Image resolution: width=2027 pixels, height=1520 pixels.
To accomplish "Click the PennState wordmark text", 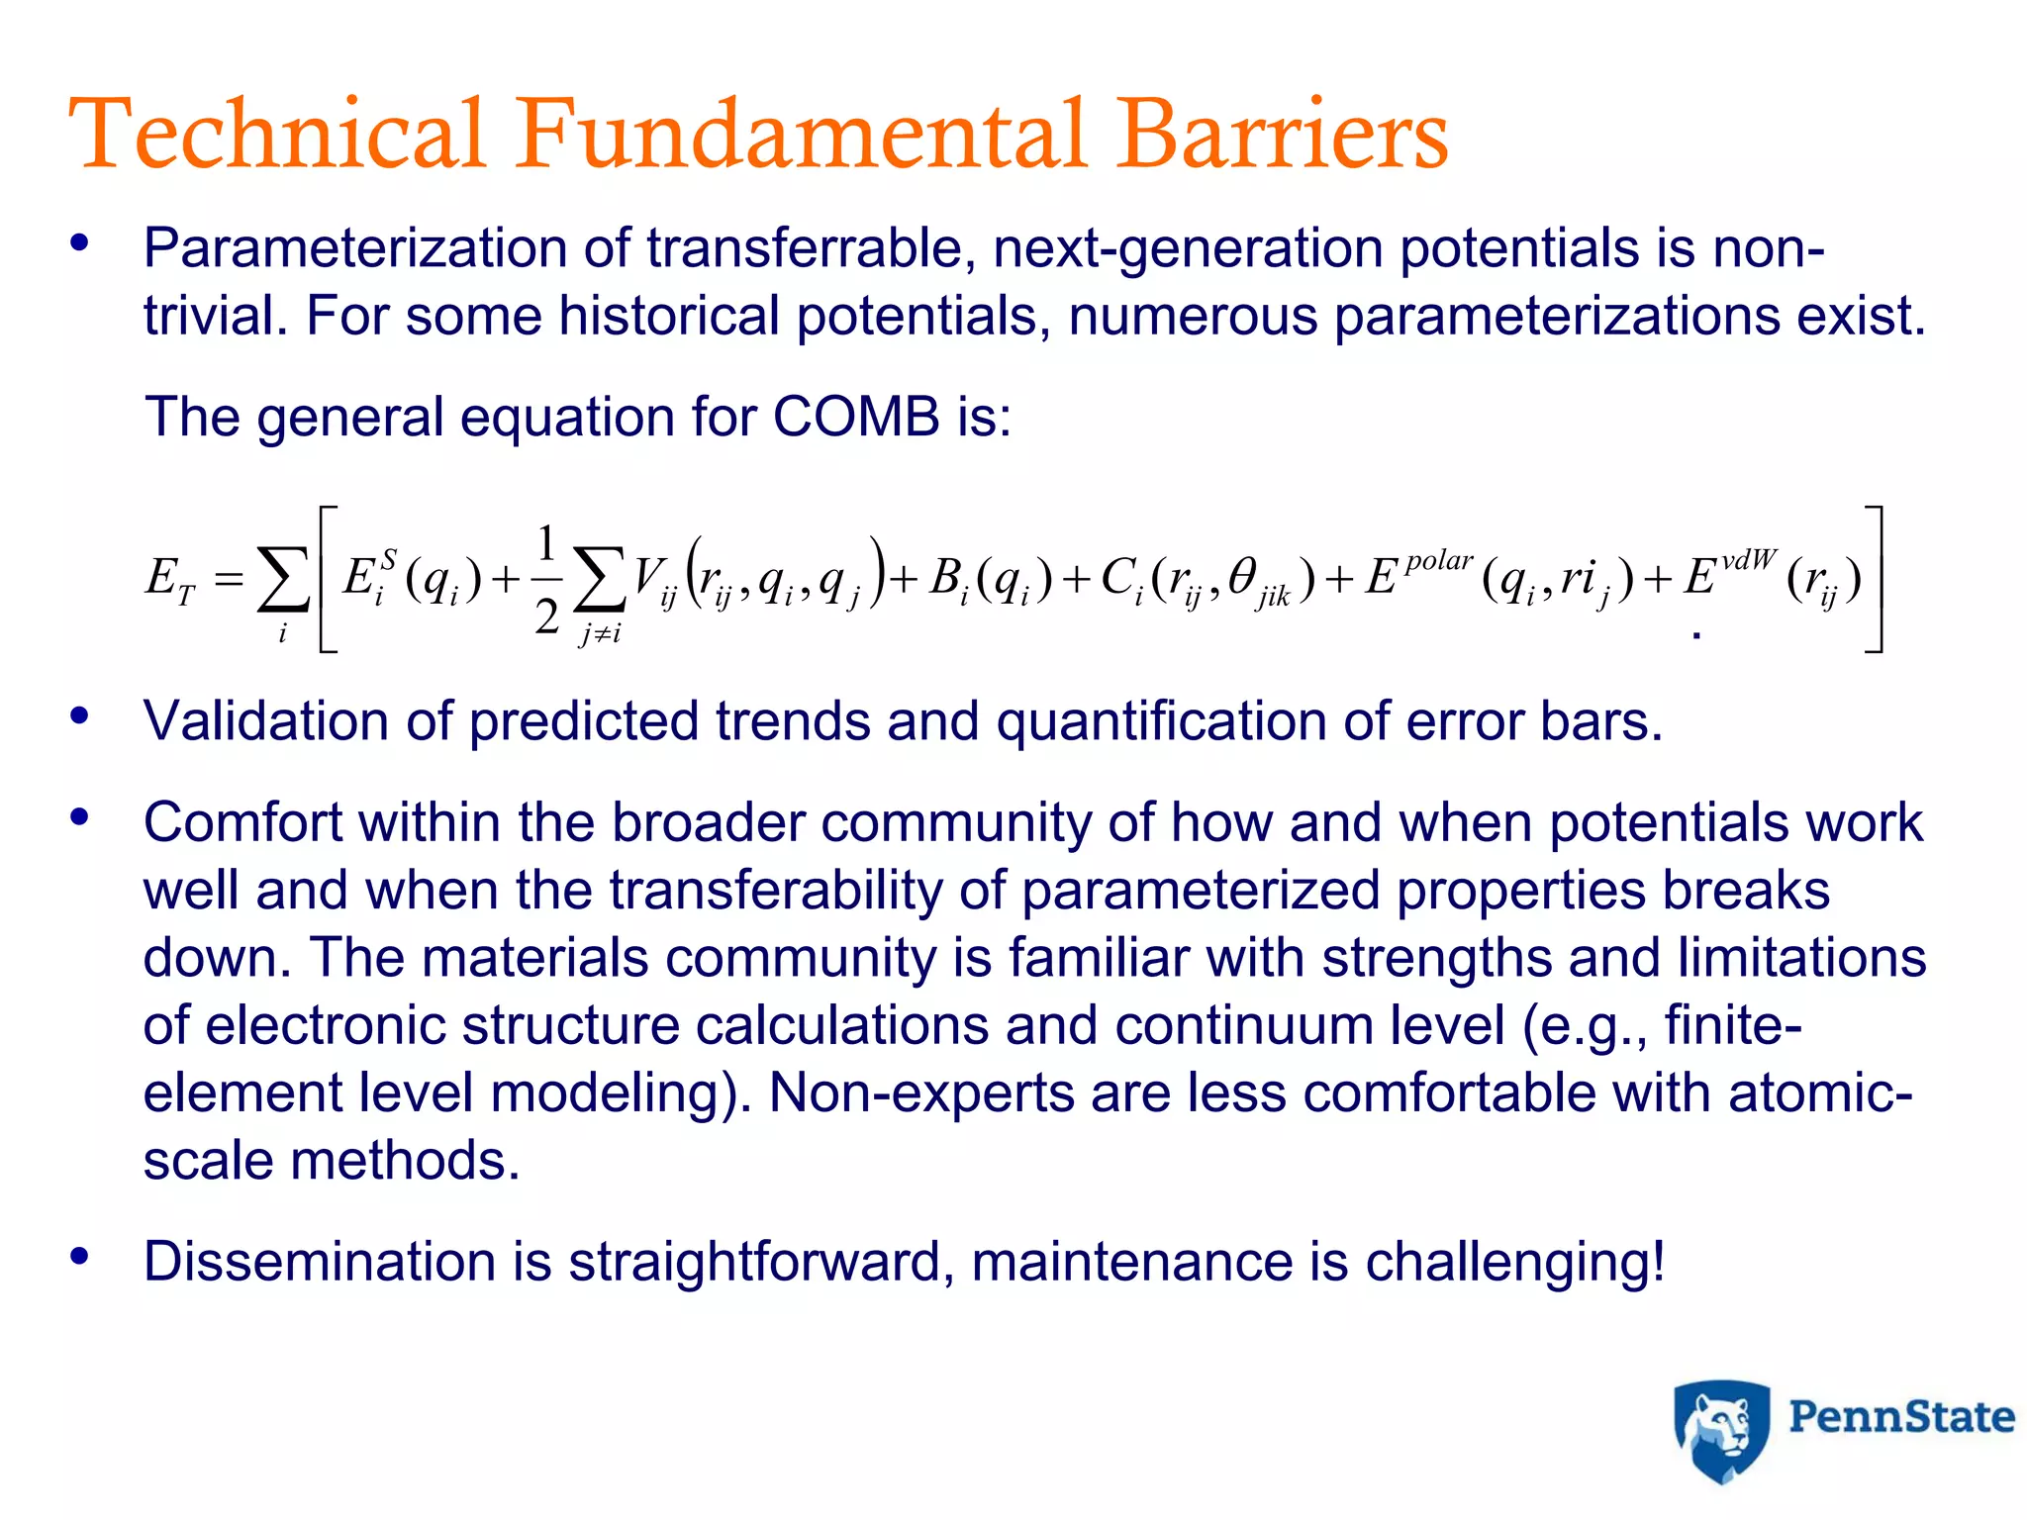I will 1901,1417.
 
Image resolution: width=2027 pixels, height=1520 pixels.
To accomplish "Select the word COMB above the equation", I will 856,417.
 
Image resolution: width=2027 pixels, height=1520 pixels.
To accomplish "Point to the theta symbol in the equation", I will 1243,576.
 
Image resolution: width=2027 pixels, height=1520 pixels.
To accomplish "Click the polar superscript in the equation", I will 1439,561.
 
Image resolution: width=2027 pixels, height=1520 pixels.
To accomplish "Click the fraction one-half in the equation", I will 547,580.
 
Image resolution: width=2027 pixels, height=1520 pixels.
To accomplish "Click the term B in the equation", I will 945,578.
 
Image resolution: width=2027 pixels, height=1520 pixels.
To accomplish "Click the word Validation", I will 266,720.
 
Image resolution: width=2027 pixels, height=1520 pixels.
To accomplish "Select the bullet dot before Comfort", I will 80,817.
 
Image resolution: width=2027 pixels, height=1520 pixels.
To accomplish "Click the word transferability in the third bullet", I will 777,890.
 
